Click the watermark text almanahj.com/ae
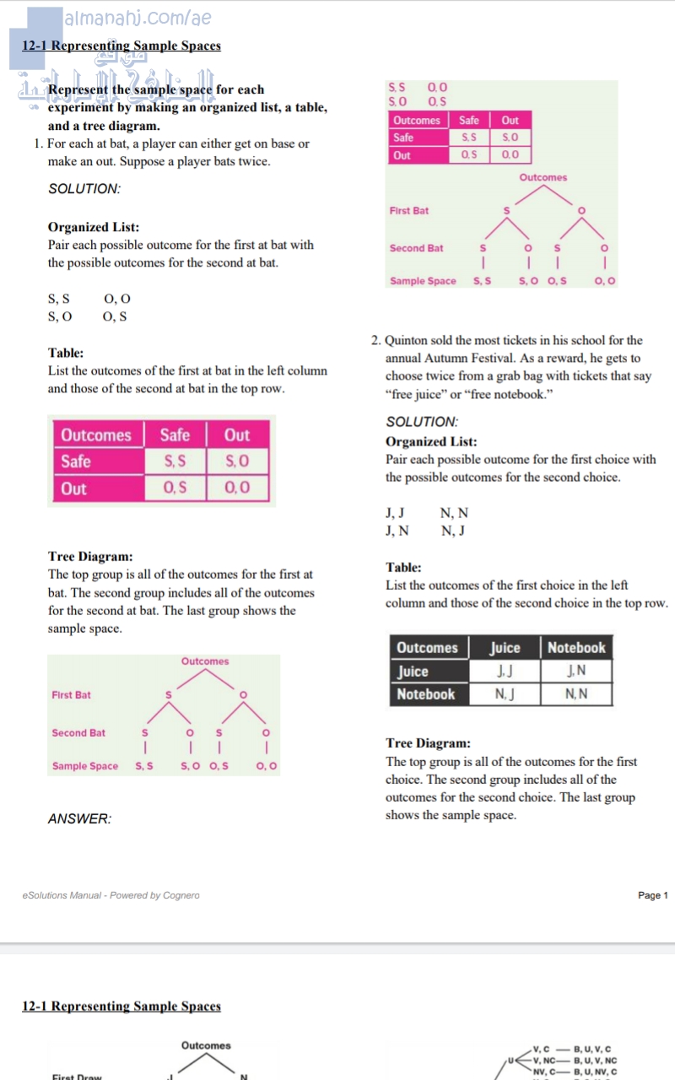click(x=138, y=18)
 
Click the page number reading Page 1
click(x=652, y=895)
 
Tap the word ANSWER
click(x=79, y=818)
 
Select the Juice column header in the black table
click(x=505, y=648)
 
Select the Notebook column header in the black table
click(x=576, y=648)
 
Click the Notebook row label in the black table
click(x=426, y=694)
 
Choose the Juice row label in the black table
click(x=413, y=672)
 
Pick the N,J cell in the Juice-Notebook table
click(x=505, y=694)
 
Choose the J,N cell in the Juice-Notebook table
click(x=576, y=672)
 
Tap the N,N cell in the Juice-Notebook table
click(x=576, y=694)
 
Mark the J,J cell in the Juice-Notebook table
click(x=505, y=672)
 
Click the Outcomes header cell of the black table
click(x=427, y=648)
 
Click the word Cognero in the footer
click(x=181, y=895)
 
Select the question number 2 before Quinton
click(x=375, y=341)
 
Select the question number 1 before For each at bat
click(x=38, y=143)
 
